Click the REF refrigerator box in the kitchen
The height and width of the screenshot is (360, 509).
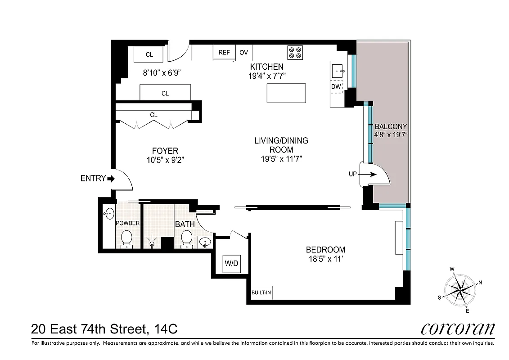pyautogui.click(x=224, y=53)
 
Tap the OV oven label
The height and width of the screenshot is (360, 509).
pyautogui.click(x=243, y=53)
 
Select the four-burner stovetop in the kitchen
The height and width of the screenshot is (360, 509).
pyautogui.click(x=295, y=53)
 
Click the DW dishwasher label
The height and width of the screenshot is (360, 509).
pyautogui.click(x=336, y=86)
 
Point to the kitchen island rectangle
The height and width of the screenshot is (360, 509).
pyautogui.click(x=286, y=93)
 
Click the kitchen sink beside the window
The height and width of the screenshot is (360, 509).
pyautogui.click(x=338, y=71)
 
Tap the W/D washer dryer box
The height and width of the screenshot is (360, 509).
pyautogui.click(x=232, y=263)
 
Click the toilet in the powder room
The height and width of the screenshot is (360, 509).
pyautogui.click(x=126, y=238)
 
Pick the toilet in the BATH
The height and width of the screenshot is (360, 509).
pyautogui.click(x=186, y=238)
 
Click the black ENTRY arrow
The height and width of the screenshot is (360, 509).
pyautogui.click(x=111, y=179)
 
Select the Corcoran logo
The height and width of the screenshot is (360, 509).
pyautogui.click(x=457, y=328)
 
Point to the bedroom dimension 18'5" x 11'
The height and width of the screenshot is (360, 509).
pyautogui.click(x=325, y=258)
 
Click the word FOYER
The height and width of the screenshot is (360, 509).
pyautogui.click(x=165, y=151)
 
